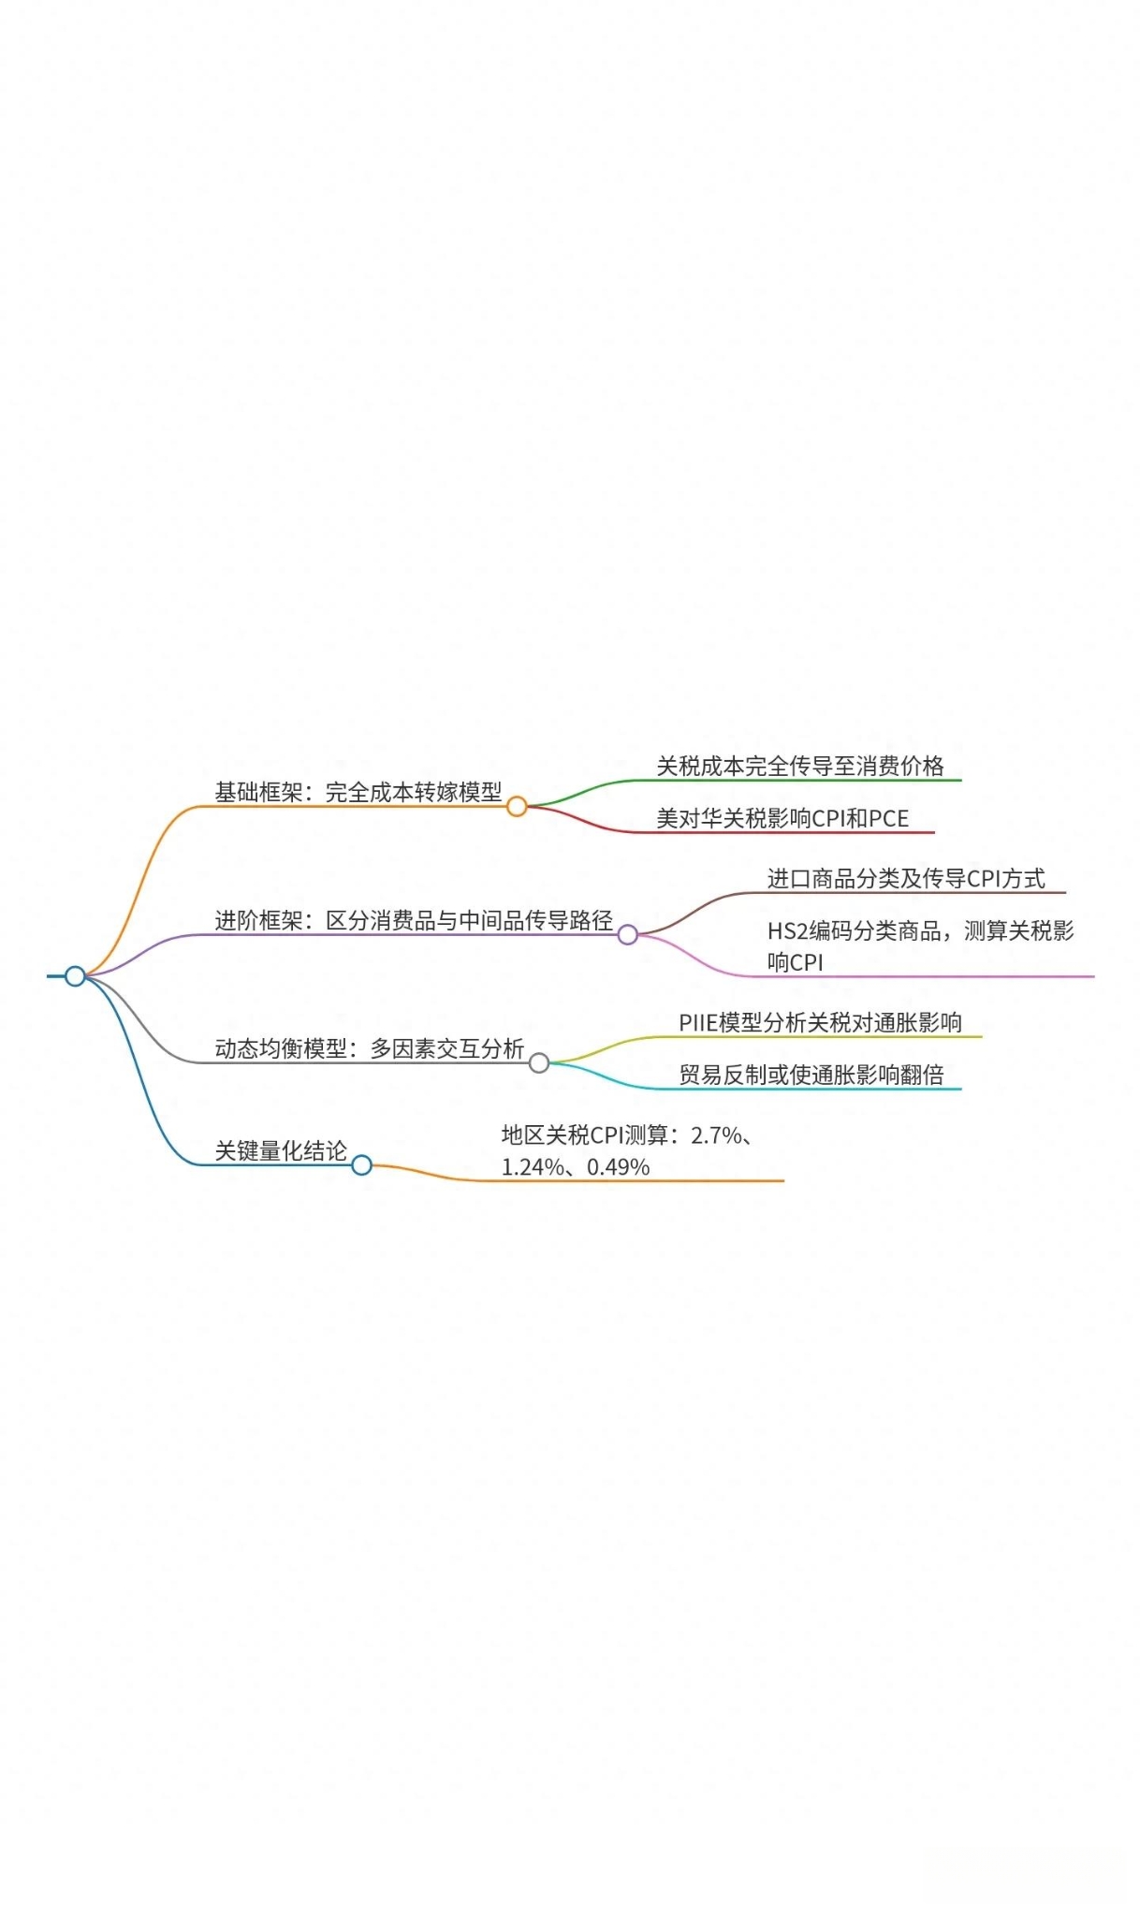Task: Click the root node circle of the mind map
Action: [75, 976]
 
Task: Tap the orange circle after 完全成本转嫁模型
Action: [517, 806]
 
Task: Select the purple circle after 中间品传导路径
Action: [628, 934]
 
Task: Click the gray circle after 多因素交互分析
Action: [539, 1062]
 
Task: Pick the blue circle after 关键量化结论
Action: [362, 1164]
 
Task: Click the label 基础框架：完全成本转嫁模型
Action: [358, 792]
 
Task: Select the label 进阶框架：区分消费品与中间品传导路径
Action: [414, 920]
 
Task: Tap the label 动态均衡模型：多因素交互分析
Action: [370, 1048]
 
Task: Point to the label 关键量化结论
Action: [281, 1150]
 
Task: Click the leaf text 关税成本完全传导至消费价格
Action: [800, 766]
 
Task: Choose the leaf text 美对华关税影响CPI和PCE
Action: [782, 818]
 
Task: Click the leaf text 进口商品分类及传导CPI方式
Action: [906, 878]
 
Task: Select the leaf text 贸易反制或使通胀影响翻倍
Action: [811, 1075]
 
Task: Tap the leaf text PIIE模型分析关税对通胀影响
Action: [821, 1022]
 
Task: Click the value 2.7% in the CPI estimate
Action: [717, 1135]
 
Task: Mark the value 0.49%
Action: [619, 1167]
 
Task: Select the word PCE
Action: [889, 818]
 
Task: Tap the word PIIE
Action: [697, 1022]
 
